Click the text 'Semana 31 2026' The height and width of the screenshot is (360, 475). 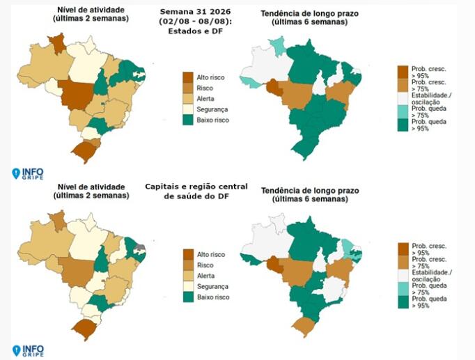(196, 12)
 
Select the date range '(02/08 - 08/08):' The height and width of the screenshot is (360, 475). (196, 22)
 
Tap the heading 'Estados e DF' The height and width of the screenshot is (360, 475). (196, 31)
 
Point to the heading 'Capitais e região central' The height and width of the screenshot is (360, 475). (196, 187)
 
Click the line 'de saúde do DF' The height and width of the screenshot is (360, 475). (196, 196)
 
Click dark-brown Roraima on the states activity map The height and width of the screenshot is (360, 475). (58, 43)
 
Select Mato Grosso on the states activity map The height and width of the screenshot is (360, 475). (77, 95)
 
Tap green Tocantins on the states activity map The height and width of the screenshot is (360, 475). (102, 82)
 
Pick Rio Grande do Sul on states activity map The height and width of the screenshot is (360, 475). (84, 151)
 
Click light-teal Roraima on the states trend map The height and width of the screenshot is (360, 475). (277, 46)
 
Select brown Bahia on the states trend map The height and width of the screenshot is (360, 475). (341, 93)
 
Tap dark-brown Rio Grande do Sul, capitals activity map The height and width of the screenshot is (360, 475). (84, 329)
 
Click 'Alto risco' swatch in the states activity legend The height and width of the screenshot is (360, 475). (188, 77)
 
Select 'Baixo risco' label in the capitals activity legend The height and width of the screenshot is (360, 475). (213, 297)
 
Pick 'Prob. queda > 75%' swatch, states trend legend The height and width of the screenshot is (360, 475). (403, 111)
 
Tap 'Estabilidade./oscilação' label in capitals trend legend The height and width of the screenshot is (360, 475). (432, 276)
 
